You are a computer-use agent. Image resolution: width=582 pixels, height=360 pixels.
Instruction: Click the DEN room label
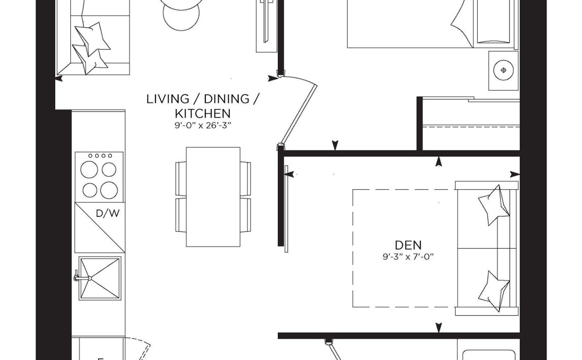[x=408, y=245]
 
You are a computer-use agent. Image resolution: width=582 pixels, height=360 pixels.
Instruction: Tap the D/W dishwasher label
[x=108, y=213]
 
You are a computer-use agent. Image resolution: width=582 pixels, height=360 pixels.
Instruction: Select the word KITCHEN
[x=202, y=113]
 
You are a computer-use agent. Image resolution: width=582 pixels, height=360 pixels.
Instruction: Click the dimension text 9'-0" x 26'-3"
[x=202, y=126]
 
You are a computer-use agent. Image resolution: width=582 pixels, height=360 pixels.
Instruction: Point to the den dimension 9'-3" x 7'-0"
[x=408, y=256]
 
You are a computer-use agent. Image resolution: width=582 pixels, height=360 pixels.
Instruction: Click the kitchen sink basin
[x=100, y=278]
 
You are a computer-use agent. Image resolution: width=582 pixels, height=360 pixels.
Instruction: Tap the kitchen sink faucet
[x=81, y=277]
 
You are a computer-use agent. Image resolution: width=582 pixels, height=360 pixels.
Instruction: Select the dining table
[x=213, y=197]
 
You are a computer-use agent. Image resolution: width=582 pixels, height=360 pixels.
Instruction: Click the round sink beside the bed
[x=503, y=70]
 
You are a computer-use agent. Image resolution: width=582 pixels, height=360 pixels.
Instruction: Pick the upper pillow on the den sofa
[x=493, y=205]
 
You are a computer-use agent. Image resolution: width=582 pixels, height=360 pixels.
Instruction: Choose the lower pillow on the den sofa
[x=493, y=291]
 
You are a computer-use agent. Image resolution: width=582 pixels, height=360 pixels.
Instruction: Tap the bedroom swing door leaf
[x=299, y=114]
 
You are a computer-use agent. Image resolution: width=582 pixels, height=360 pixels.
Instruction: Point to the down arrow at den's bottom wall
[x=438, y=327]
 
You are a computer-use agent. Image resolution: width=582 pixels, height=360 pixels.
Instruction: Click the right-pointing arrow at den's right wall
[x=515, y=174]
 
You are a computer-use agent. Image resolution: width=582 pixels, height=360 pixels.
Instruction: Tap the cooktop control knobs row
[x=100, y=155]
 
